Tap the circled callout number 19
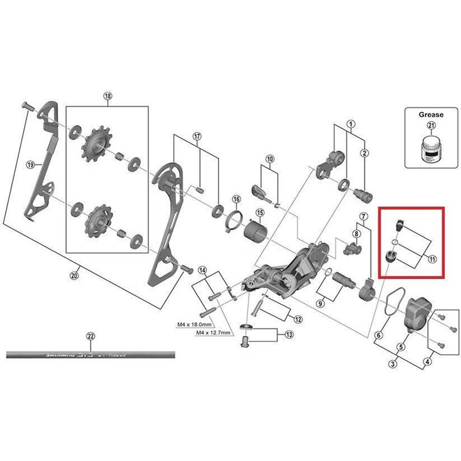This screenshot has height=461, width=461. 31,165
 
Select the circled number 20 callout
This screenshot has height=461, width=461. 73,276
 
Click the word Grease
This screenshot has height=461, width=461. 430,115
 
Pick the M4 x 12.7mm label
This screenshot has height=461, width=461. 213,334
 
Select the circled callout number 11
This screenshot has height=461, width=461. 432,259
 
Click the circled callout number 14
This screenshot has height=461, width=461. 202,270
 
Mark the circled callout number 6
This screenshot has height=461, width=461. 379,335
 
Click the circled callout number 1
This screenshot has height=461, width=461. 350,124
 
